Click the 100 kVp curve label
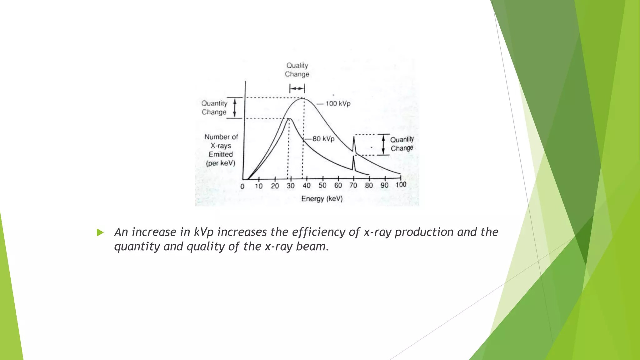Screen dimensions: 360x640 (x=338, y=103)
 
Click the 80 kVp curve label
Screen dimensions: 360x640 (x=323, y=138)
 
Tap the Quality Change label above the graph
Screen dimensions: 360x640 (x=297, y=70)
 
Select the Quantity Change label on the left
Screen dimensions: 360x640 (x=214, y=107)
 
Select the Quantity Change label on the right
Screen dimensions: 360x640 (x=402, y=144)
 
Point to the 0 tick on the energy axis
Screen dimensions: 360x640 (x=242, y=187)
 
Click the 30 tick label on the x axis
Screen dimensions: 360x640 (x=291, y=186)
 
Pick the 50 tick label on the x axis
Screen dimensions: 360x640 (x=322, y=186)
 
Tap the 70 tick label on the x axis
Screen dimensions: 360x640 (x=353, y=185)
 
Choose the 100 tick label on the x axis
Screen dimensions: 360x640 (x=401, y=185)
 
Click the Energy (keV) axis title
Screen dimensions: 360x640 (x=322, y=199)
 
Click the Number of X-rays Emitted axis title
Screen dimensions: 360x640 (x=221, y=150)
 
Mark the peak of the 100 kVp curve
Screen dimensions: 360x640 (x=303, y=98)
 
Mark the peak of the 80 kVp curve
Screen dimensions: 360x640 (x=289, y=119)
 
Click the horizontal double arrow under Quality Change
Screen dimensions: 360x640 (x=297, y=89)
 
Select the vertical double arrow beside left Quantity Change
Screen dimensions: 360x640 (x=235, y=108)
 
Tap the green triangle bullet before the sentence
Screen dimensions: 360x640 (x=100, y=232)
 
